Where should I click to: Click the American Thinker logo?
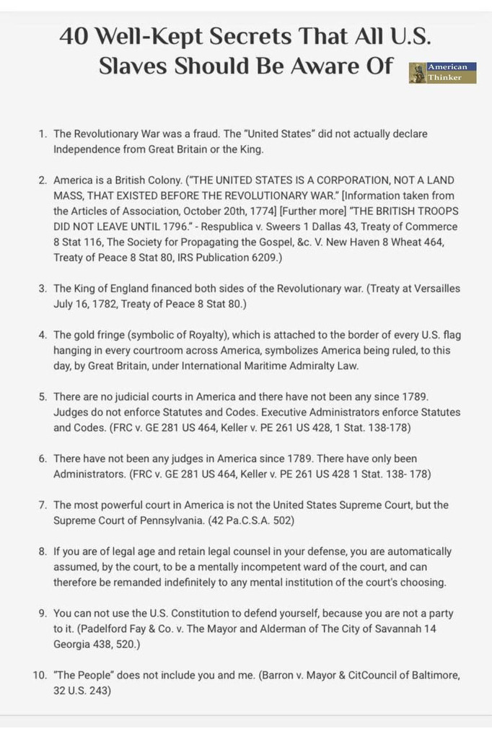[443, 72]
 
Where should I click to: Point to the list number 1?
[43, 134]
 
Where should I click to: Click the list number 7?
[43, 504]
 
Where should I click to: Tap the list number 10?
[40, 675]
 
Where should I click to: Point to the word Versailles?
[426, 289]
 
